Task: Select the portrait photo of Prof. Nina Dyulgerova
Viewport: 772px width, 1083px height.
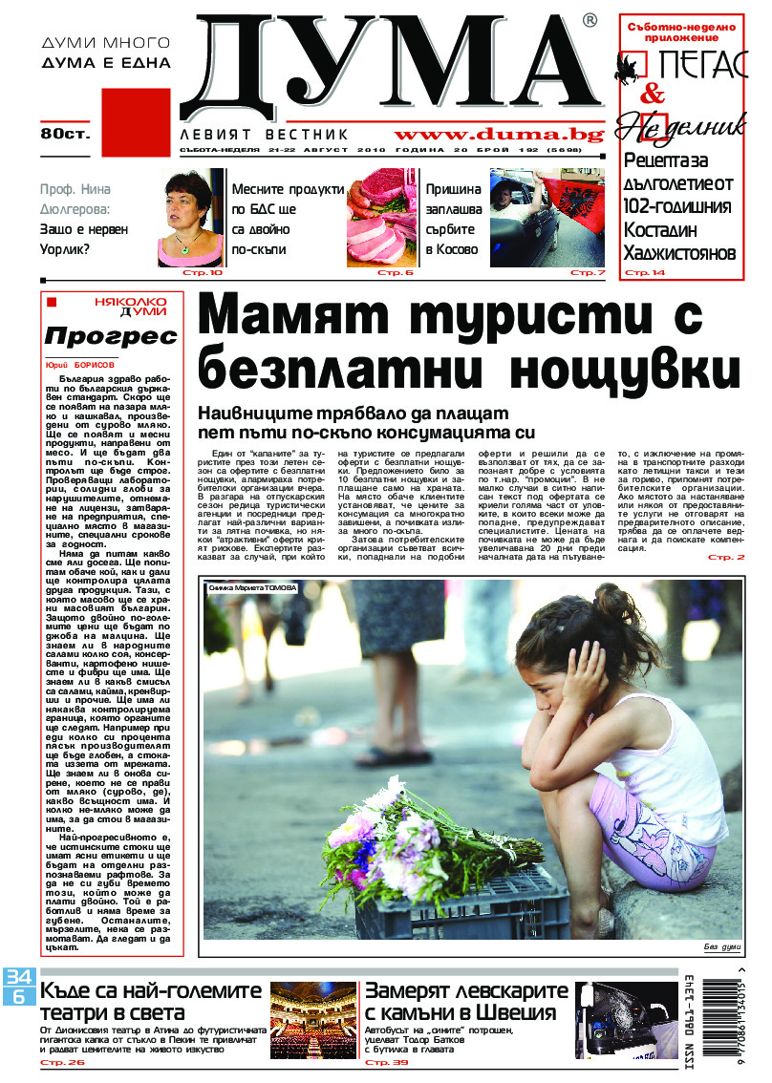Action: (x=190, y=218)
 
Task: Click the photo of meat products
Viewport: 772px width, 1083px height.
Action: (x=382, y=218)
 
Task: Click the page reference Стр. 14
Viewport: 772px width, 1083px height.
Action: (x=644, y=273)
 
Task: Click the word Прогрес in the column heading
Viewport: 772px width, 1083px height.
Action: (x=111, y=336)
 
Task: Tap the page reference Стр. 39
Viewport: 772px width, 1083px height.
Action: (x=386, y=1062)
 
